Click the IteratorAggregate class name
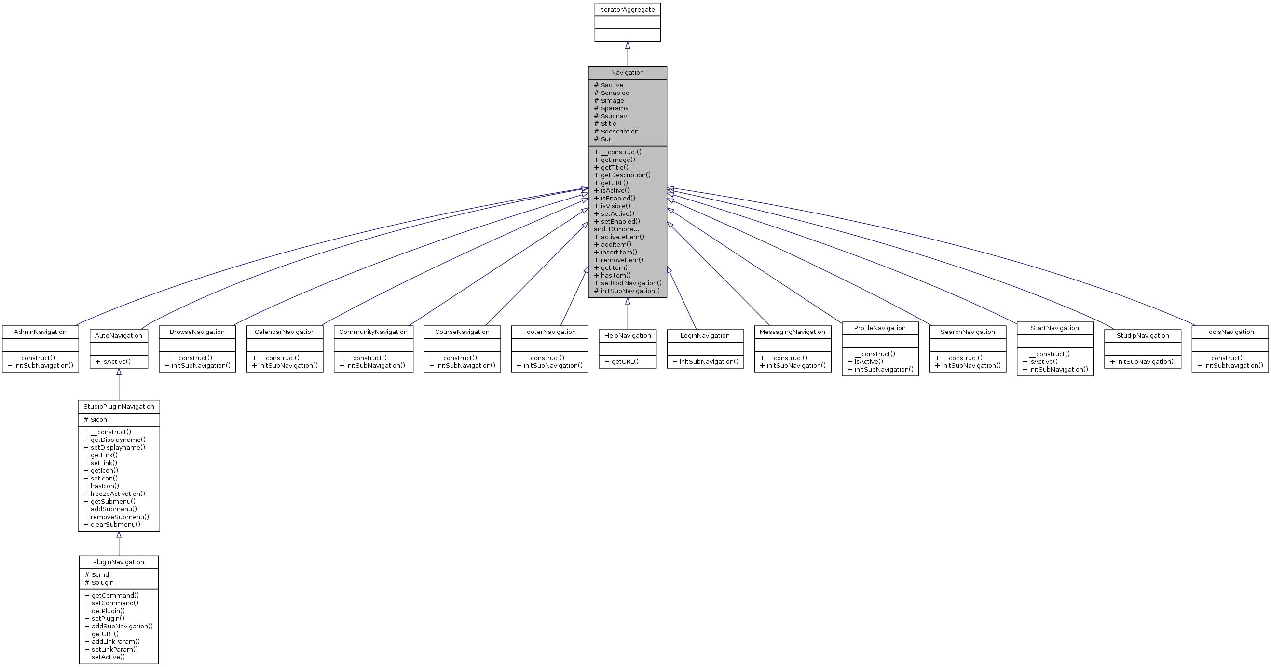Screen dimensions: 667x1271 pos(627,9)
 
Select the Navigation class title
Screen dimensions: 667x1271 pos(627,72)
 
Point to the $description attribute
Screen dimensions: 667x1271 pos(616,131)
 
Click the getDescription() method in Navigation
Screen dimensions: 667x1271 pos(622,175)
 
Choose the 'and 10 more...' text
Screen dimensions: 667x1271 pos(616,229)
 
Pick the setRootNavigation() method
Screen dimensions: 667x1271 pos(628,283)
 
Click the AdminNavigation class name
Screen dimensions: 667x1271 pos(40,332)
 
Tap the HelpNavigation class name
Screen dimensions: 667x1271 pos(627,336)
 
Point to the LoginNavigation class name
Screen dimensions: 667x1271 pos(705,336)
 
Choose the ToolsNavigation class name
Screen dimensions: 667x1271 pos(1230,332)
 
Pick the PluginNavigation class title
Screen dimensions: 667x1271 pos(118,562)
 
